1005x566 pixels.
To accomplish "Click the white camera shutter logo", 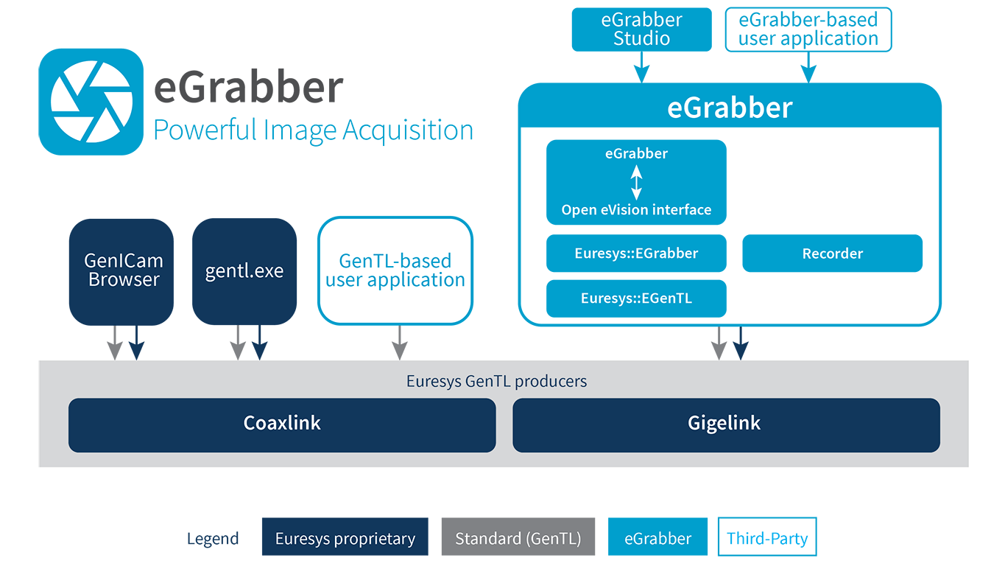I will pyautogui.click(x=91, y=102).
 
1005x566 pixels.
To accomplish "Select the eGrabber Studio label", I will pyautogui.click(x=641, y=29).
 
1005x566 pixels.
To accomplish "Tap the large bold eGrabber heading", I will pyautogui.click(x=729, y=108).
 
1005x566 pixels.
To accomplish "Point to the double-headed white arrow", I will pyautogui.click(x=636, y=182).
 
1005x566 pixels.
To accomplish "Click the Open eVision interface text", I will pyautogui.click(x=636, y=210).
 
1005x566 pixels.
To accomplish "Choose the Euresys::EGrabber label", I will pyautogui.click(x=636, y=254).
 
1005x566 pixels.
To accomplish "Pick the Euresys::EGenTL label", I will pyautogui.click(x=636, y=298).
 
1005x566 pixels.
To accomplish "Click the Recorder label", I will pyautogui.click(x=832, y=254).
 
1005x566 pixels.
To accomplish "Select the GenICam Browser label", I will pyautogui.click(x=124, y=270).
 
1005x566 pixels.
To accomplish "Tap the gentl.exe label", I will pyautogui.click(x=244, y=271).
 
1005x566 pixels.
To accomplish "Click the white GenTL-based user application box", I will pyautogui.click(x=395, y=270).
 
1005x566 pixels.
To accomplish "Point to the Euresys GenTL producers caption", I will pyautogui.click(x=496, y=381).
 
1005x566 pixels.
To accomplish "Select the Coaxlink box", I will pyautogui.click(x=282, y=424).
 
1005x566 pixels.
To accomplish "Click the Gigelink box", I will pyautogui.click(x=725, y=424).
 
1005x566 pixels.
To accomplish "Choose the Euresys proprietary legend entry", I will pyautogui.click(x=345, y=539).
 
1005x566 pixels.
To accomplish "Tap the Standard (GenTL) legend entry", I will pyautogui.click(x=518, y=539).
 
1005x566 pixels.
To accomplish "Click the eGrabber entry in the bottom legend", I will pyautogui.click(x=657, y=539).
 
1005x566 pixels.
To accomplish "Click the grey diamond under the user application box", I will pyautogui.click(x=400, y=343).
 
